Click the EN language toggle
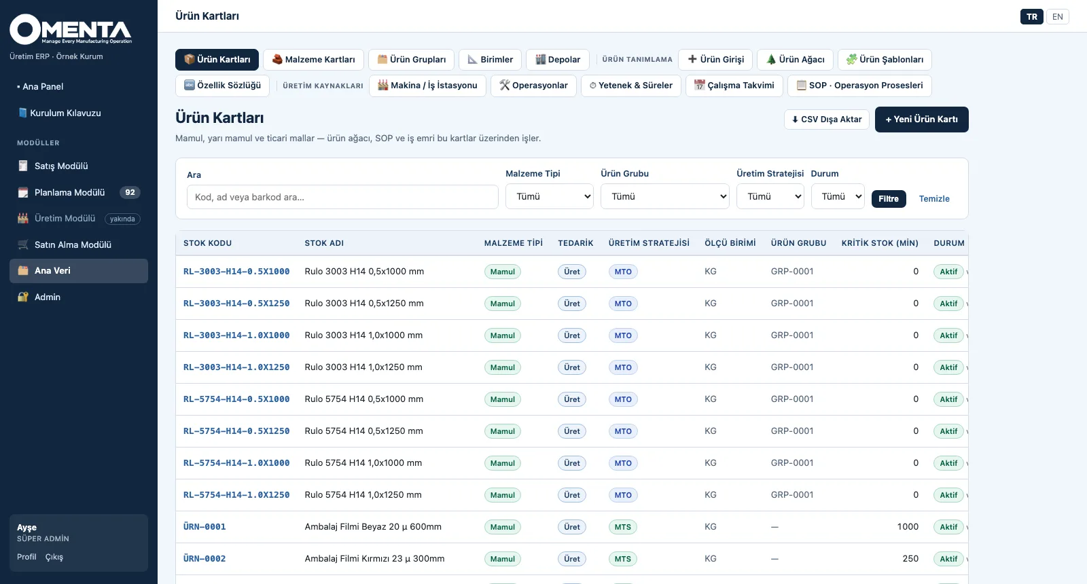1057,17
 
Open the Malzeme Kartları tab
313,60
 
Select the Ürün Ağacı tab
795,60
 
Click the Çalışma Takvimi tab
734,86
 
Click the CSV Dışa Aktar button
826,120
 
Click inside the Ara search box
342,197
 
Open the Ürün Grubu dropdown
665,196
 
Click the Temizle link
934,198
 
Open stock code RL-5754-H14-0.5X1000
236,399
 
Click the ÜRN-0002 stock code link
204,559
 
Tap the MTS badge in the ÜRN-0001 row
622,527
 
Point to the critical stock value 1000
908,527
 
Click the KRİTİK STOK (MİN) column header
880,243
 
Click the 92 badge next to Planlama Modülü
130,193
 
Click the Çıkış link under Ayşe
54,557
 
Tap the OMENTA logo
71,30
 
